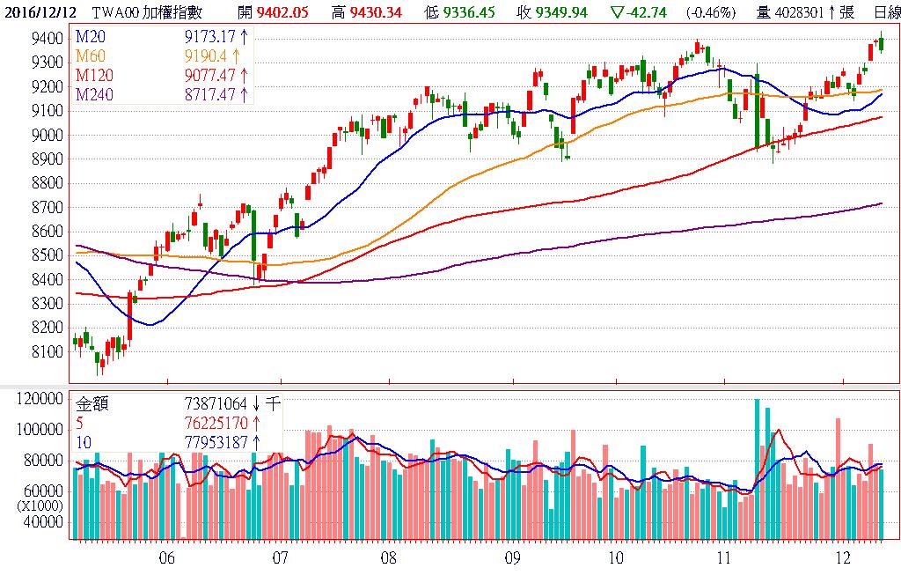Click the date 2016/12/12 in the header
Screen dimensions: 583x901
coord(38,12)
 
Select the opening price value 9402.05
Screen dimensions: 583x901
coord(284,12)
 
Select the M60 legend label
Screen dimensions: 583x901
coord(91,55)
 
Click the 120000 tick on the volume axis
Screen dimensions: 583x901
coord(40,399)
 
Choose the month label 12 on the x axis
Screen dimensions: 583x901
coord(843,557)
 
